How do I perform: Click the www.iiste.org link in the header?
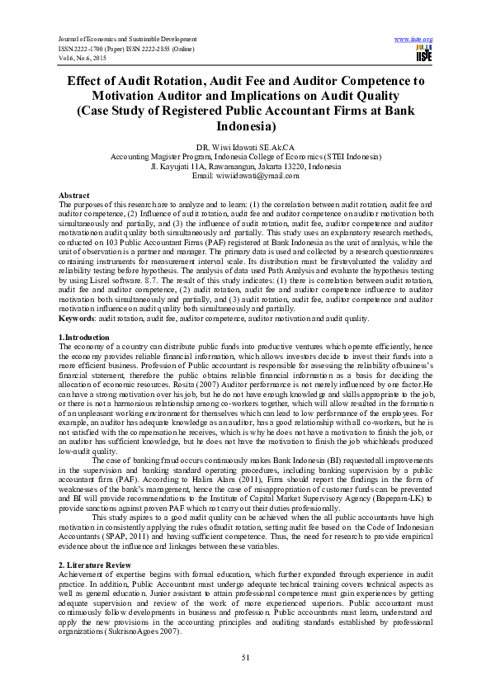(414, 39)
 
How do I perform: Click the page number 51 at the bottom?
(245, 656)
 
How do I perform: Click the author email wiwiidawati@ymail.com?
(245, 176)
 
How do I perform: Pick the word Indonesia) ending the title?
(245, 127)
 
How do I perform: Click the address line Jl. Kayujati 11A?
(245, 167)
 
